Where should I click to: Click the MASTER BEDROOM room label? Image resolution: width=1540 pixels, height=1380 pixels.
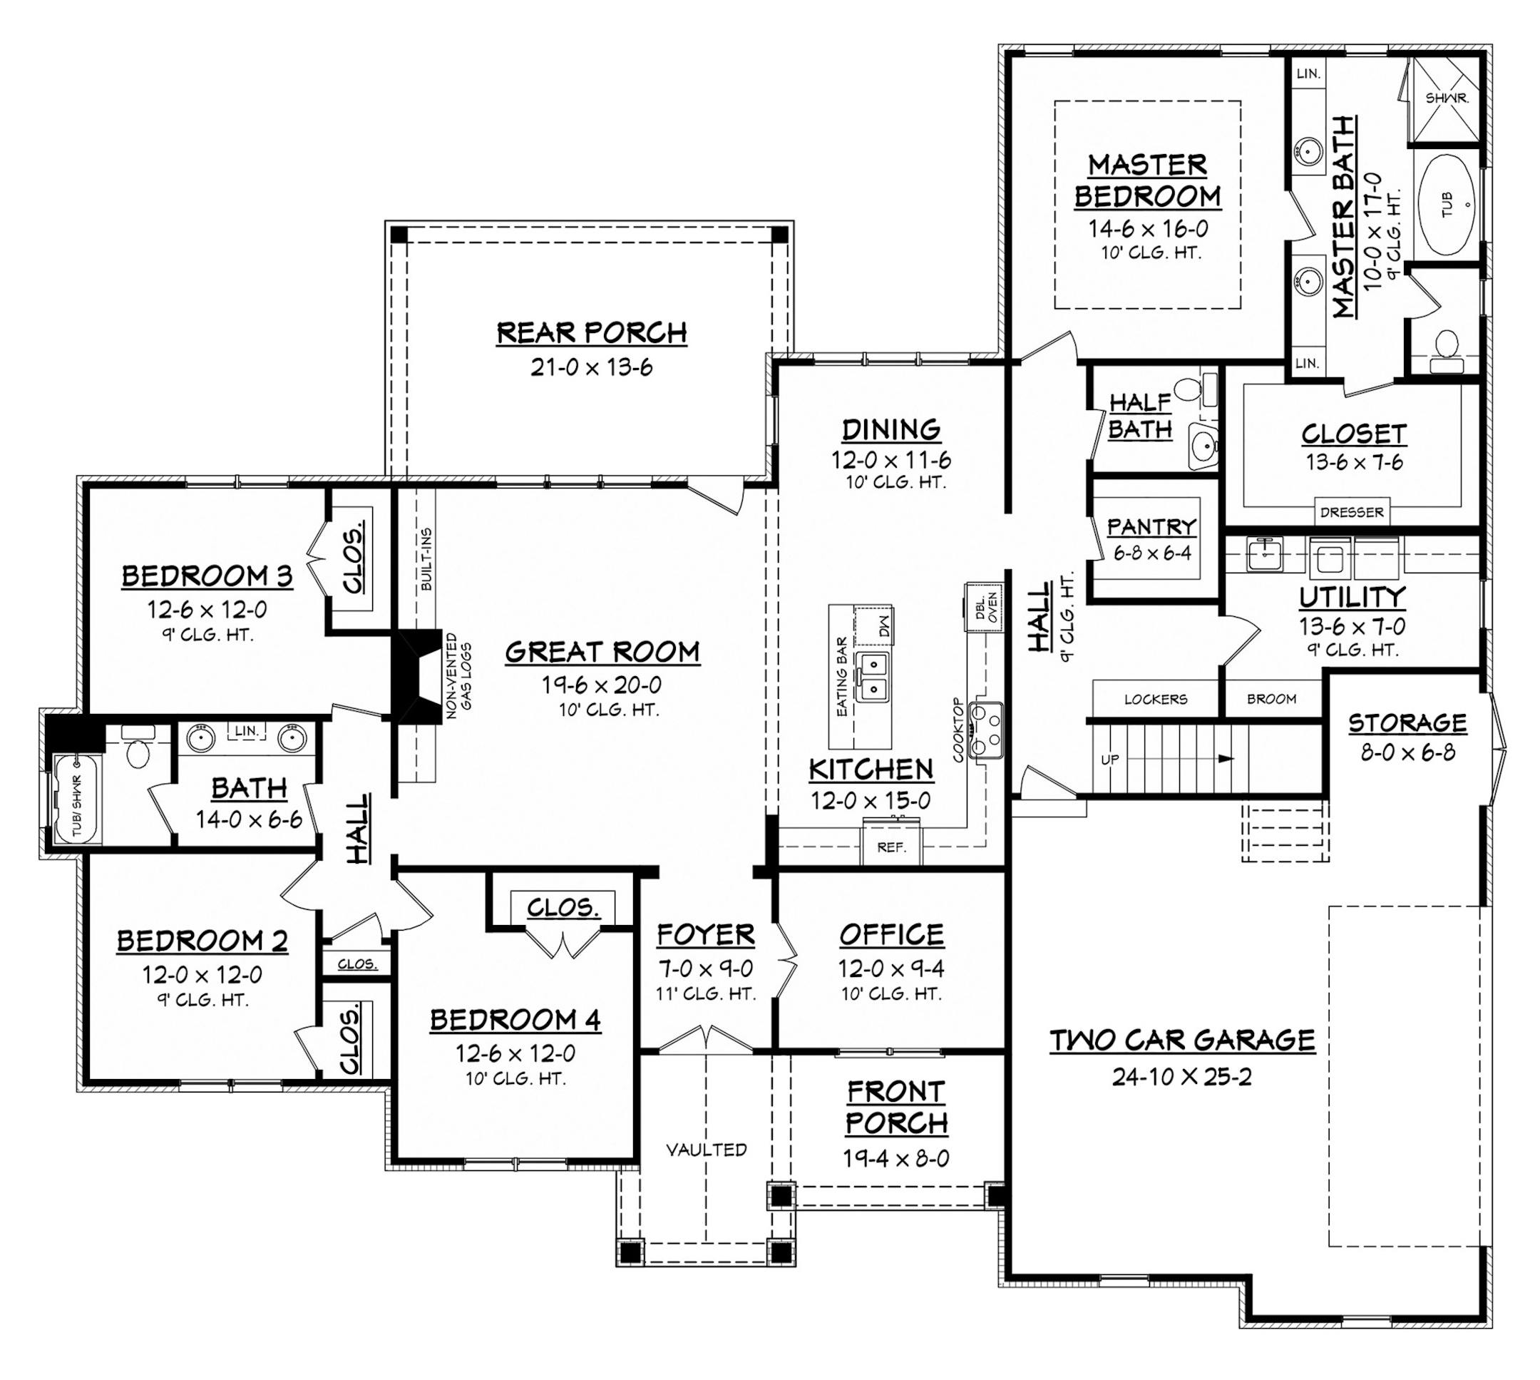coord(1146,180)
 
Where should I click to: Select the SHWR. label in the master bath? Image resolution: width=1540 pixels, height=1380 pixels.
coord(1447,98)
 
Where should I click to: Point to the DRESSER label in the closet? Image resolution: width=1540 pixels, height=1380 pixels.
coord(1351,513)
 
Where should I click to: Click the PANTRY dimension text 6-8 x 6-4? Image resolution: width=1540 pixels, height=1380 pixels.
coord(1152,553)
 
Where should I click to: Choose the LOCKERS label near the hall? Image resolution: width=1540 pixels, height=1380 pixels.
coord(1155,699)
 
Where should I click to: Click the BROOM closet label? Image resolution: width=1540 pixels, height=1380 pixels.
coord(1271,699)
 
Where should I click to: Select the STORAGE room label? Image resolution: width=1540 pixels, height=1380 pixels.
coord(1407,723)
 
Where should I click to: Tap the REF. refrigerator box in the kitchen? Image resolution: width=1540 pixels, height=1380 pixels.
coord(891,847)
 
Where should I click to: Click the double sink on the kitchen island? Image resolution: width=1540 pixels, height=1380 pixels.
coord(873,677)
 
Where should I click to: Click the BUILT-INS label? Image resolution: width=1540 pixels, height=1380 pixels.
coord(426,560)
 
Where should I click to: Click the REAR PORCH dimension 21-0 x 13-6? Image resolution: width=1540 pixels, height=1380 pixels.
coord(591,368)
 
